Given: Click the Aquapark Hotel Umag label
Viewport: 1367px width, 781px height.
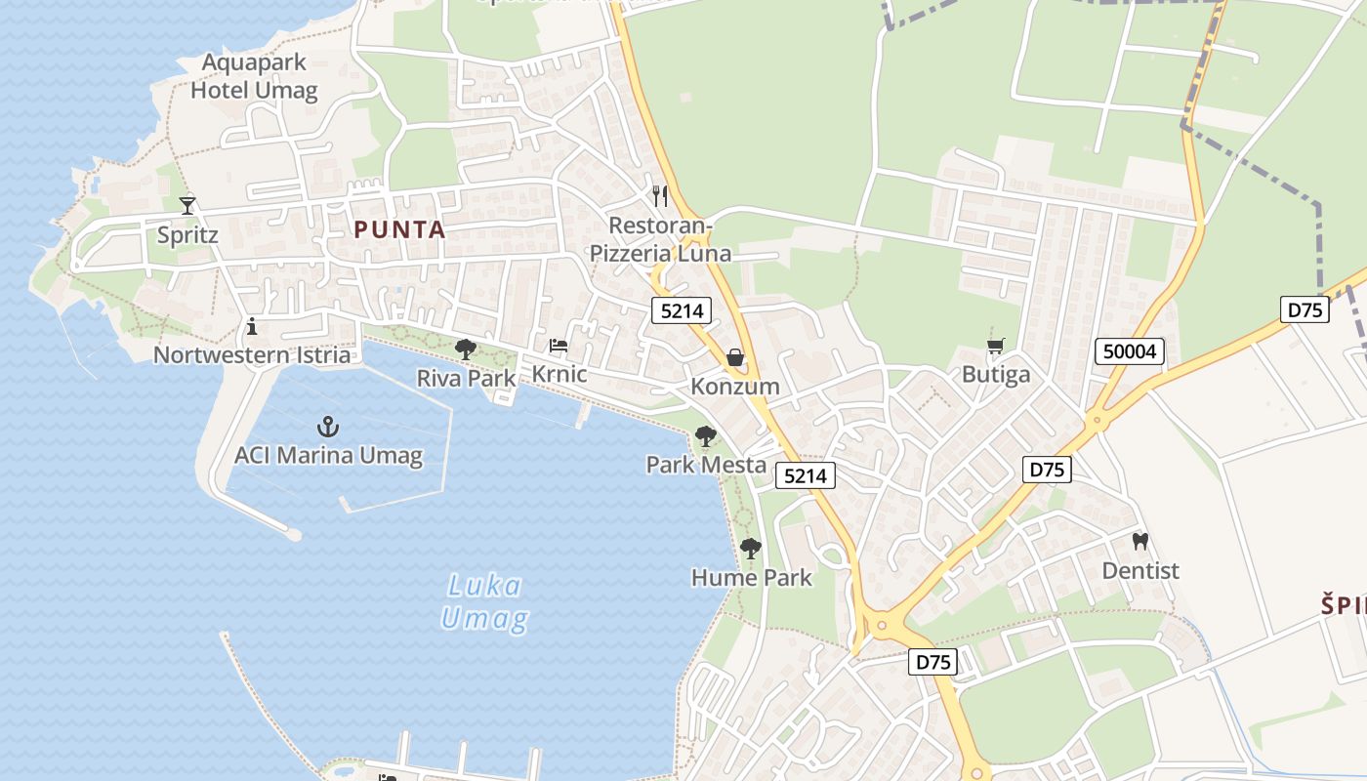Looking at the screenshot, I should point(254,76).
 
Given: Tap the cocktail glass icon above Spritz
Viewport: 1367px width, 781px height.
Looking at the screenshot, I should point(187,205).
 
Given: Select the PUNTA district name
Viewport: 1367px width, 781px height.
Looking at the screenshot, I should point(399,230).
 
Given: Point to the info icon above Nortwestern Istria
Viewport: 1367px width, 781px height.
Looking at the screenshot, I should point(252,326).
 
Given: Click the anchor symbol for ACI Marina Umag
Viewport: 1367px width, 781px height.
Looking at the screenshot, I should point(328,427).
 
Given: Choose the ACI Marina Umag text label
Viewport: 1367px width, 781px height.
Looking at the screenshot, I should point(328,455).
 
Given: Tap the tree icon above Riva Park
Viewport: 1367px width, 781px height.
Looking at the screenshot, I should point(466,349).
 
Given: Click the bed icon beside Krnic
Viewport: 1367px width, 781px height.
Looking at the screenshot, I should point(559,346).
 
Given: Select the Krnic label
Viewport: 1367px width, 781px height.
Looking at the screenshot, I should point(559,374).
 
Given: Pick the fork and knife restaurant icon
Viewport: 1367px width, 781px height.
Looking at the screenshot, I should point(660,196).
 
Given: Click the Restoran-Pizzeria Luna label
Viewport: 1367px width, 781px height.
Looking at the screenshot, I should point(660,240).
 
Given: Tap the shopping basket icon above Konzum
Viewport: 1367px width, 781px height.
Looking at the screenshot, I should point(735,357).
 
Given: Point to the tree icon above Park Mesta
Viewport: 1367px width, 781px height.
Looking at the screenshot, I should point(705,436).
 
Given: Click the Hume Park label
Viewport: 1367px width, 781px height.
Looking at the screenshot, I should point(751,578).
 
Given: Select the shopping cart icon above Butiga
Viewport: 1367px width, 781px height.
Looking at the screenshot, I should point(996,346).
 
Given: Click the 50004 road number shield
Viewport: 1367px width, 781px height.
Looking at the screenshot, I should point(1130,351).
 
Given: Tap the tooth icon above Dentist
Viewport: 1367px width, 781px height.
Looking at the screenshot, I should point(1139,541).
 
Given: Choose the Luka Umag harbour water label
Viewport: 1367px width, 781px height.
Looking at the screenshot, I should point(484,601).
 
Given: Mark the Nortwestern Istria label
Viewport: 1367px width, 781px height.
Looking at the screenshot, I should point(252,354).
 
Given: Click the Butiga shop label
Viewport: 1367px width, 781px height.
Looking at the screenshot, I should point(996,375).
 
